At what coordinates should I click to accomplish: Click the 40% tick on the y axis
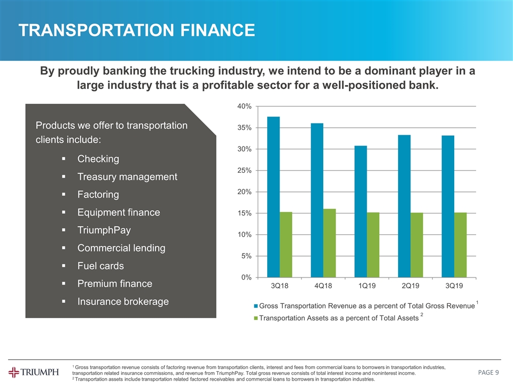tap(245, 106)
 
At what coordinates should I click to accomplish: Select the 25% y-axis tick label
tap(245, 171)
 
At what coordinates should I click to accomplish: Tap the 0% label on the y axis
tap(247, 278)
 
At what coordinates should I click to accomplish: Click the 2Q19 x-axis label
tap(408, 287)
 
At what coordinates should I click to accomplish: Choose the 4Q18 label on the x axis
tap(323, 287)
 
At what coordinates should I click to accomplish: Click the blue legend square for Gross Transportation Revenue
tap(256, 306)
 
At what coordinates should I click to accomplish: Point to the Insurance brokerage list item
tap(123, 302)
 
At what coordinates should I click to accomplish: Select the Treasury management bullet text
tap(127, 176)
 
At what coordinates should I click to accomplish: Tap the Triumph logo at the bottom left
tap(34, 372)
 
